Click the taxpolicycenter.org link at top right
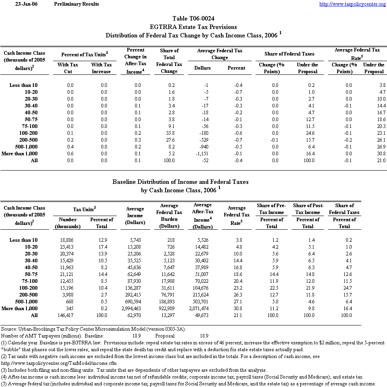[352, 4]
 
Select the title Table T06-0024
[193, 19]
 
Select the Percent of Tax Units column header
[85, 54]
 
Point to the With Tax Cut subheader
[68, 68]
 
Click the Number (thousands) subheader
[68, 223]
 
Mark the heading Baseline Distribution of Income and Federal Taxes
[180, 182]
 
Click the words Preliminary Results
[76, 4]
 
